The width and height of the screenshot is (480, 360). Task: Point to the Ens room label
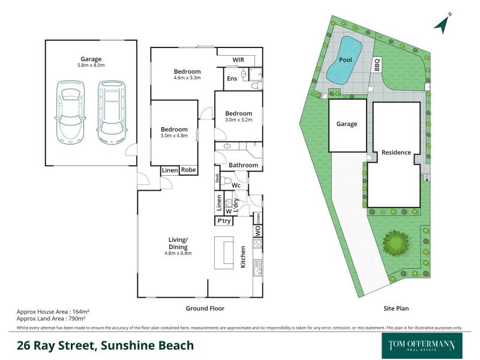pos(232,79)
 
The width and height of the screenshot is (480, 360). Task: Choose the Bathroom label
pos(243,165)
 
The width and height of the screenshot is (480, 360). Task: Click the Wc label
pos(236,185)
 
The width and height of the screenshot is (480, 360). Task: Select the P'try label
pos(224,221)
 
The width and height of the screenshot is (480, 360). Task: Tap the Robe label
pos(188,170)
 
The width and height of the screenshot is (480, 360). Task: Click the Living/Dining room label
pos(178,243)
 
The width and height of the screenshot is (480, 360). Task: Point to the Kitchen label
pos(244,256)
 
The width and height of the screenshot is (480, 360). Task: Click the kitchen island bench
pos(224,253)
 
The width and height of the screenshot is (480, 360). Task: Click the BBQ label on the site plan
pos(377,64)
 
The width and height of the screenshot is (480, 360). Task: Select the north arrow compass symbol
pos(442,23)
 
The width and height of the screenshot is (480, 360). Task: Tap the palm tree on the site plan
pos(395,242)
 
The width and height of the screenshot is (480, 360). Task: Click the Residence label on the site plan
pos(396,152)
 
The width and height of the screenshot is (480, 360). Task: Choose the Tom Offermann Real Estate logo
pos(422,345)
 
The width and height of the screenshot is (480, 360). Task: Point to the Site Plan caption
pos(396,308)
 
